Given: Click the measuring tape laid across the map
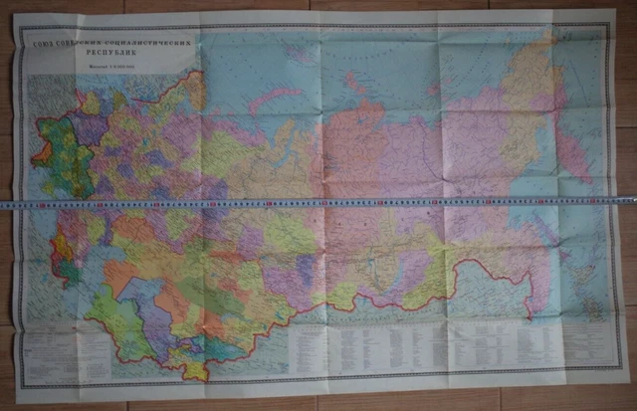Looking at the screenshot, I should coord(318,201).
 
